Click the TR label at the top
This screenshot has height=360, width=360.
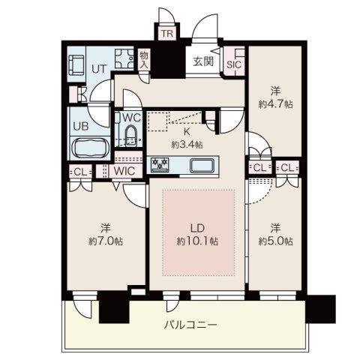(x=167, y=33)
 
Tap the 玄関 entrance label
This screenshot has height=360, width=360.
(x=204, y=61)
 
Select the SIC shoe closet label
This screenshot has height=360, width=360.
(x=234, y=65)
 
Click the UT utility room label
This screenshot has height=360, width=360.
(x=99, y=69)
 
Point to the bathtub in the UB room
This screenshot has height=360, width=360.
(x=91, y=148)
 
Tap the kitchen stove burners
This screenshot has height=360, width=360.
(x=160, y=164)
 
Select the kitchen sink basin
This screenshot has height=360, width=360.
(x=202, y=165)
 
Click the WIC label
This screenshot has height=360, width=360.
(x=124, y=171)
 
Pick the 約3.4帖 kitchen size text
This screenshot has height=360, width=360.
(x=187, y=145)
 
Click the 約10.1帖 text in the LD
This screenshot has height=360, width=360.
(x=197, y=241)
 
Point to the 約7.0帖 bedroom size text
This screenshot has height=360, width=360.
(x=106, y=241)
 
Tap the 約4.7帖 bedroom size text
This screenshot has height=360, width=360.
(x=275, y=104)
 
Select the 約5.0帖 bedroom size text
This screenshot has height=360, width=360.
(x=275, y=241)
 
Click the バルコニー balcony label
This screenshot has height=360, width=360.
(x=190, y=325)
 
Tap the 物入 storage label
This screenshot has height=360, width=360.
(x=144, y=60)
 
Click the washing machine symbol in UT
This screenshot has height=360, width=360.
(x=124, y=58)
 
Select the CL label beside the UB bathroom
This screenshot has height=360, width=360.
(x=80, y=172)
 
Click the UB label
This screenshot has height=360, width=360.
(x=81, y=126)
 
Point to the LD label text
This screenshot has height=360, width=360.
(x=198, y=228)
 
